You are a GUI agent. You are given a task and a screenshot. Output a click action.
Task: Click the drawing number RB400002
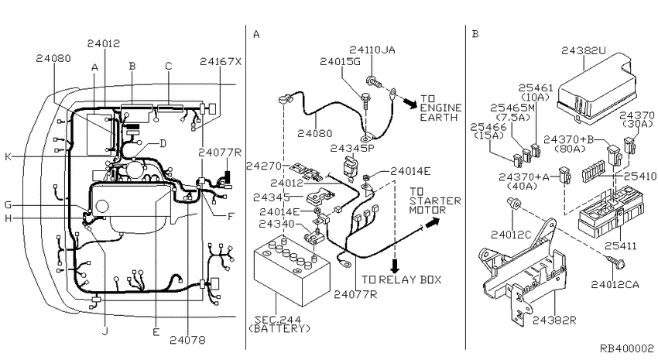pos(625,350)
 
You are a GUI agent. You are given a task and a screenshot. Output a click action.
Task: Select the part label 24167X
pos(220,60)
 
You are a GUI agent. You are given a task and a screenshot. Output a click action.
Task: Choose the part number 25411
pos(621,245)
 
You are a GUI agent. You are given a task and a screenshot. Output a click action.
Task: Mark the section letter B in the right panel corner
pos(475,34)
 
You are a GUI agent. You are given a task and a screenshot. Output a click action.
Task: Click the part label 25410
pos(641,177)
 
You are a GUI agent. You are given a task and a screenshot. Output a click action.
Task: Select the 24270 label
pos(263,166)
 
